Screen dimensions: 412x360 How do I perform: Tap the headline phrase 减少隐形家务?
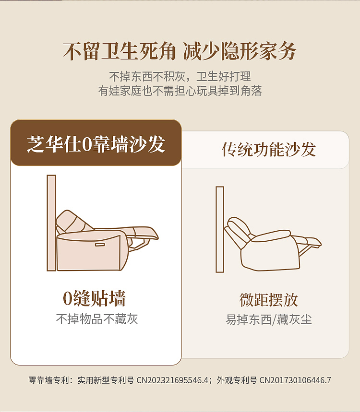[x=240, y=51]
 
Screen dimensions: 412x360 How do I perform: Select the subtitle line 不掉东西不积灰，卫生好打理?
[x=180, y=77]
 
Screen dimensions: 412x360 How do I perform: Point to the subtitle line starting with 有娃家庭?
[x=180, y=91]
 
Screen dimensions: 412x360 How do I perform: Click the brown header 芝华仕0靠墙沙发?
[x=96, y=143]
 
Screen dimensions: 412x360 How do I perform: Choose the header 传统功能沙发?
[x=268, y=150]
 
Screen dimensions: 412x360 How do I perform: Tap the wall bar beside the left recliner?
[x=51, y=223]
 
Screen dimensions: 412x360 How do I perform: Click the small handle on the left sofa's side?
[x=100, y=245]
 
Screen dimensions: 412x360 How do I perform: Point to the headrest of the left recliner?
[x=67, y=220]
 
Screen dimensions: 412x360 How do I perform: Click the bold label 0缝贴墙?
[x=95, y=299]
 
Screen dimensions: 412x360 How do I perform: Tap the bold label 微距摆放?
[x=268, y=300]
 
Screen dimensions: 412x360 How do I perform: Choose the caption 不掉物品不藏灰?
[x=96, y=319]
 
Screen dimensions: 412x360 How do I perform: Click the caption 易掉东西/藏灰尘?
[x=268, y=320]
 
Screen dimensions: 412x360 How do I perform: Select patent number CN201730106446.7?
[x=295, y=380]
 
